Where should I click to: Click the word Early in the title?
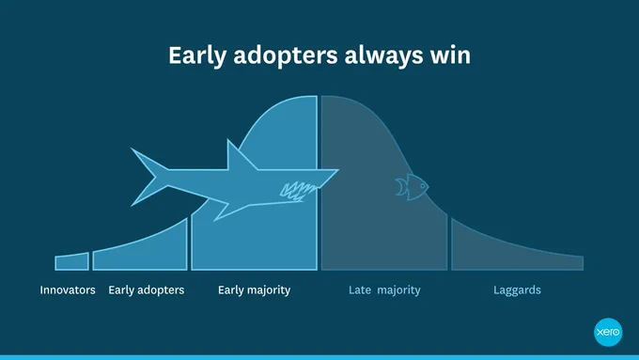(x=197, y=55)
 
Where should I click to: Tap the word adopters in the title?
(x=286, y=56)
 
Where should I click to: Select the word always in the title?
(x=384, y=56)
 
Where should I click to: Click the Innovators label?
(x=68, y=290)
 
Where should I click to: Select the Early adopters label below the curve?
(x=147, y=290)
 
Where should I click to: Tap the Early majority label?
(x=255, y=290)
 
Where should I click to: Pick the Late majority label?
(x=384, y=290)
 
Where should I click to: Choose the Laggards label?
(x=517, y=290)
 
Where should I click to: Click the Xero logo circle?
(x=608, y=333)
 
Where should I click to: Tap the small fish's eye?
(x=423, y=186)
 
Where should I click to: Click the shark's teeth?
(x=299, y=191)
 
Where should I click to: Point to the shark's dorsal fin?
(x=240, y=157)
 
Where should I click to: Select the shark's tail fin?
(x=148, y=177)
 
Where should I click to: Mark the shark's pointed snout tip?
(x=338, y=169)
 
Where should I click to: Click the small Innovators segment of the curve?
(x=72, y=261)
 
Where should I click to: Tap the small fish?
(x=412, y=187)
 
